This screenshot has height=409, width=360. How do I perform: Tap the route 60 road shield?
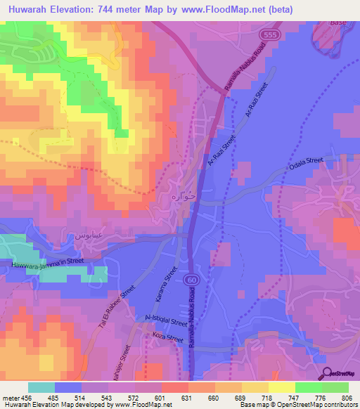pyautogui.click(x=192, y=280)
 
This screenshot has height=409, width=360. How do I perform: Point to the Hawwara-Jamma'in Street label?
pyautogui.click(x=47, y=263)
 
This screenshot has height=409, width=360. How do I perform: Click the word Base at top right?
pyautogui.click(x=339, y=22)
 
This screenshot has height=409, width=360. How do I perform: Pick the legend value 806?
pyautogui.click(x=349, y=397)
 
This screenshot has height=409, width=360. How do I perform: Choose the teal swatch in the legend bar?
pyautogui.click(x=41, y=387)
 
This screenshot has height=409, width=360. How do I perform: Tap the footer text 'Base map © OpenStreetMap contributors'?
pyautogui.click(x=297, y=405)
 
